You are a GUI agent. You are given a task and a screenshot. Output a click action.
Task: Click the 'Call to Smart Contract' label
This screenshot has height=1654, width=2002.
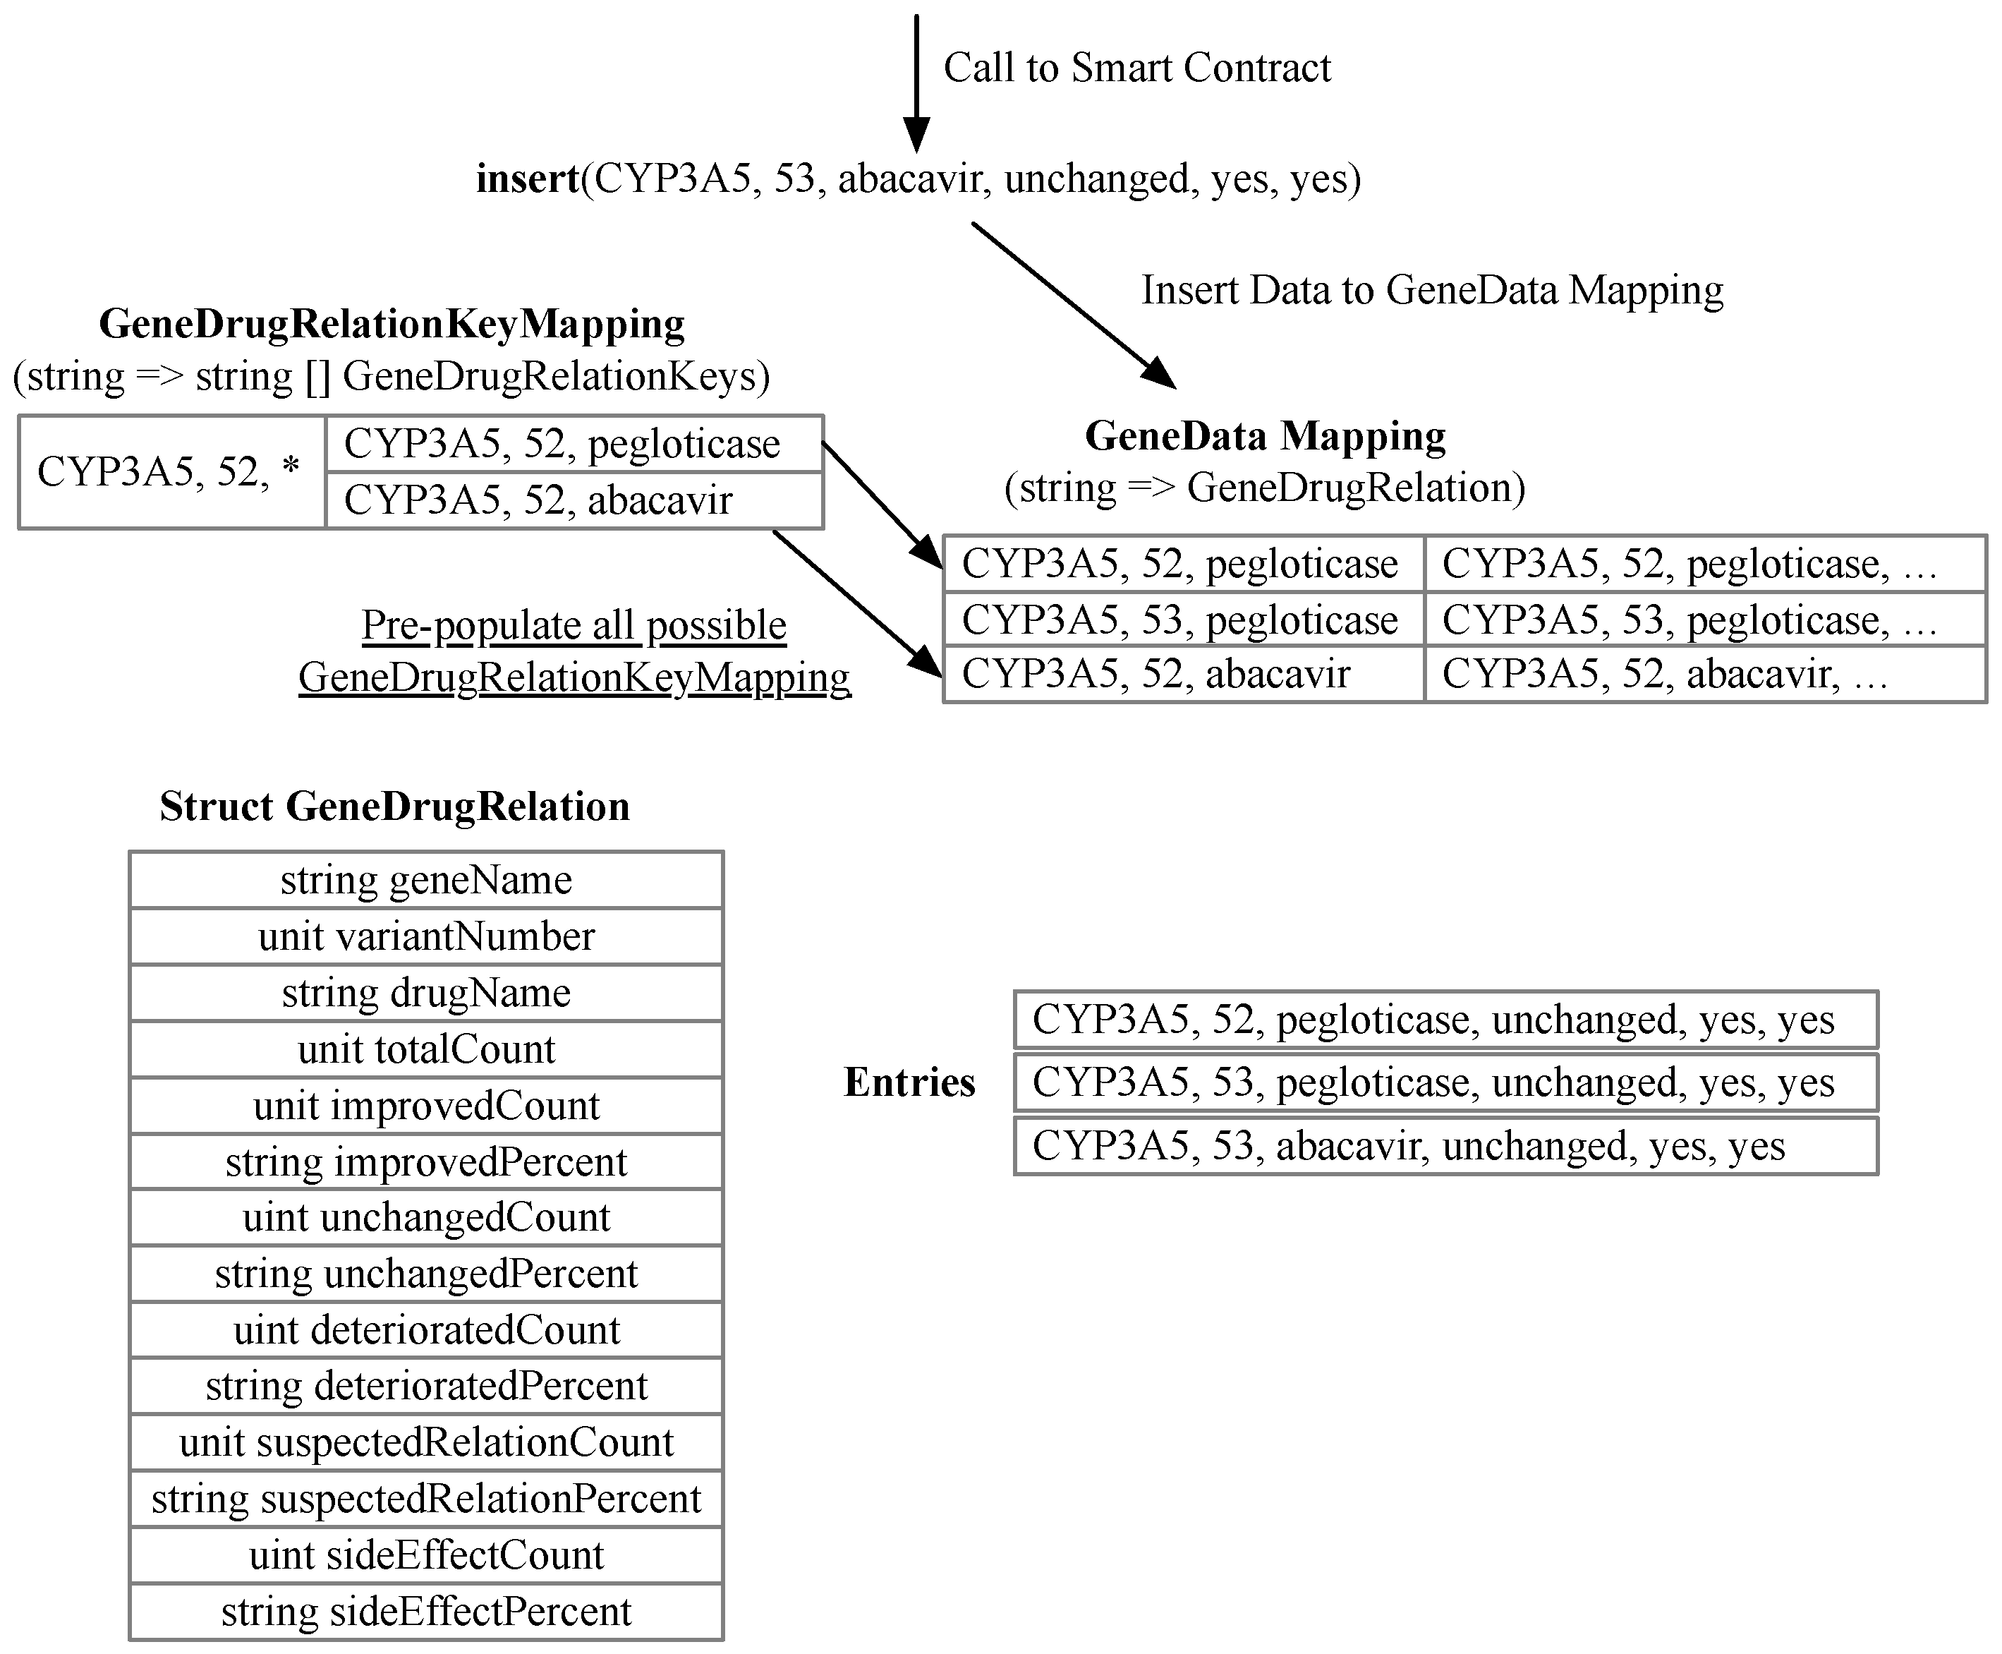click(x=1136, y=68)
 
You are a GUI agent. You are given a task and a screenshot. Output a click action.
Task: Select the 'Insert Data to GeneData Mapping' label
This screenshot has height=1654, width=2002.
click(x=1431, y=289)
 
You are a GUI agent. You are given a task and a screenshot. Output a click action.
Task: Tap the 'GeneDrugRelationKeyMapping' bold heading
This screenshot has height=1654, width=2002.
click(x=392, y=324)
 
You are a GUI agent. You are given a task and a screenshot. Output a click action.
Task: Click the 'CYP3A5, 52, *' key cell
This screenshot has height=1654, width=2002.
click(x=169, y=471)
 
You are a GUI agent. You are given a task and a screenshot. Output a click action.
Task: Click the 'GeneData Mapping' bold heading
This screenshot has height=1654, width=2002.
click(x=1265, y=436)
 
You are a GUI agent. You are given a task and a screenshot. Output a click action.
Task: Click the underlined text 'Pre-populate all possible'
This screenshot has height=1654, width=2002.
click(x=574, y=626)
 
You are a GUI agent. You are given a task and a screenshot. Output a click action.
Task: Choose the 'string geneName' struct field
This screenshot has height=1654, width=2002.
click(x=426, y=879)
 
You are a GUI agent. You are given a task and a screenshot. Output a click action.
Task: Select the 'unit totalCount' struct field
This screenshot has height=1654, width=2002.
click(x=426, y=1049)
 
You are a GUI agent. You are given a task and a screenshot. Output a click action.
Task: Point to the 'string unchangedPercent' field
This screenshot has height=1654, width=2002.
click(x=426, y=1274)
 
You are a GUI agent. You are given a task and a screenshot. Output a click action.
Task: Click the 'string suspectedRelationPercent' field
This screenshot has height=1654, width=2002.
click(x=426, y=1499)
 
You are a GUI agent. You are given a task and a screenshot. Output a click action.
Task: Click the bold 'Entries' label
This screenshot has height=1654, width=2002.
click(x=909, y=1082)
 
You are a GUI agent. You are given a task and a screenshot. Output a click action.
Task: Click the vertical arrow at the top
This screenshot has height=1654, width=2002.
click(x=916, y=81)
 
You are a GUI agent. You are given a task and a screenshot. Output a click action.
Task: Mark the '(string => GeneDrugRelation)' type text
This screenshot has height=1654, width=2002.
click(x=1265, y=488)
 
